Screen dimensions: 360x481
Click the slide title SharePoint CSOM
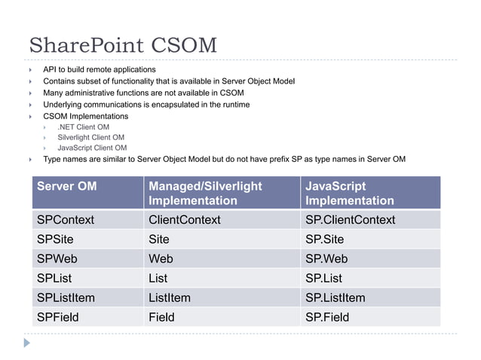(x=122, y=45)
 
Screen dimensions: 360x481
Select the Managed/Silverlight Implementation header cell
(x=204, y=193)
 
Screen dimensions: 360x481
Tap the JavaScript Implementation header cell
(x=349, y=193)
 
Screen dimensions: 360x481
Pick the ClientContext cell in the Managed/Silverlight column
(x=185, y=220)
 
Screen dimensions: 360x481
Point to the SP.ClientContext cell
(x=350, y=220)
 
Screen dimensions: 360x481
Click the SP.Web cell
(x=326, y=259)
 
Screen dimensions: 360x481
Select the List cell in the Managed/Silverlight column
(x=159, y=279)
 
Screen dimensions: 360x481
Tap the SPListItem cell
(x=68, y=298)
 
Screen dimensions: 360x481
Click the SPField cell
(x=57, y=317)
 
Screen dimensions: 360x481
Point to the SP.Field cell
(x=327, y=317)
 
